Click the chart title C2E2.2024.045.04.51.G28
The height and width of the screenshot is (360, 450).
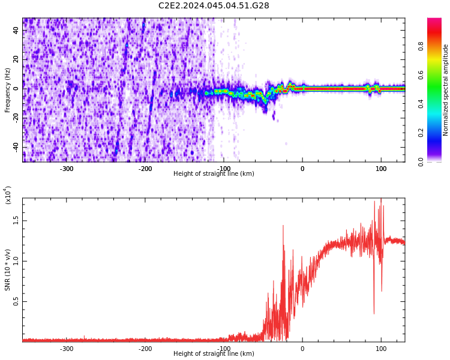[214, 6]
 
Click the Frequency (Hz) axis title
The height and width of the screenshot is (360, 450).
[8, 90]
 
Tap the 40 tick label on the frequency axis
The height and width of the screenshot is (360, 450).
[16, 30]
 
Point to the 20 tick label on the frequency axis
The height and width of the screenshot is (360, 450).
[16, 59]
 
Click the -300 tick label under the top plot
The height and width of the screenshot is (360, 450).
[67, 169]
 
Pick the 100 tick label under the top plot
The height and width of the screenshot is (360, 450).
[381, 169]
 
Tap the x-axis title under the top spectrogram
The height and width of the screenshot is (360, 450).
[214, 174]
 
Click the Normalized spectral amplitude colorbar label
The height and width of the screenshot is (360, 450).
[446, 90]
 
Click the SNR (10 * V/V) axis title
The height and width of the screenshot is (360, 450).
[8, 270]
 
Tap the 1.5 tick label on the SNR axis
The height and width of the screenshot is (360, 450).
[16, 220]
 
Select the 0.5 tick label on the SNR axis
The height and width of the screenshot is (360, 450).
[16, 302]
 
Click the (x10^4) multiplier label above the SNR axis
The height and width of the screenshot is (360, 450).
[8, 196]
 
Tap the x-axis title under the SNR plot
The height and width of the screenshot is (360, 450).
[214, 354]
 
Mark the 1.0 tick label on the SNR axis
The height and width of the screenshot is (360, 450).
[16, 261]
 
